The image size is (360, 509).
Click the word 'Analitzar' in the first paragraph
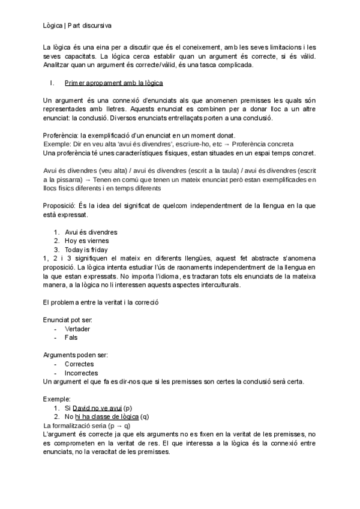(58, 65)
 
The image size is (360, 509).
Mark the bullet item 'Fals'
(71, 337)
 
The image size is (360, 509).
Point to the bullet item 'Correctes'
(81, 364)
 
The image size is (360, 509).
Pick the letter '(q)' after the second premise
(145, 417)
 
